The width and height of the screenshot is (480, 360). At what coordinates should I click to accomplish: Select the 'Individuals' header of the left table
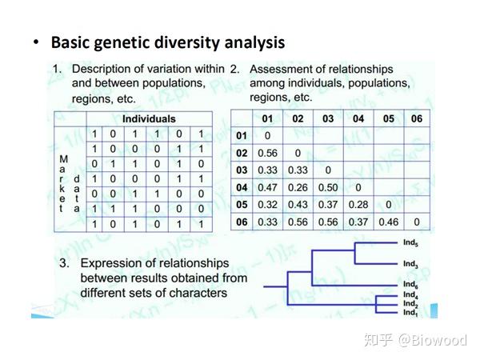[x=148, y=118]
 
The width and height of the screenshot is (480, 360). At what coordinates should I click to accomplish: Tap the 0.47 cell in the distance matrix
[x=267, y=186]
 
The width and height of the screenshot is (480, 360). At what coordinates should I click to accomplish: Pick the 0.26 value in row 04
[x=298, y=186]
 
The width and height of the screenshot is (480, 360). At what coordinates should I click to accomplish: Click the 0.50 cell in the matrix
[x=327, y=186]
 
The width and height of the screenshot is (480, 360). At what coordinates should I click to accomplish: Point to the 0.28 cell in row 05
[x=358, y=204]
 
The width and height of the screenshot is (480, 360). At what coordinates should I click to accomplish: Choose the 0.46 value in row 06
[x=387, y=222]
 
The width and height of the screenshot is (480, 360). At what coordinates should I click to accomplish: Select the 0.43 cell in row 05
[x=298, y=204]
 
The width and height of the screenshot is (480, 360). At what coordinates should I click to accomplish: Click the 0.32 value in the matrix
[x=267, y=204]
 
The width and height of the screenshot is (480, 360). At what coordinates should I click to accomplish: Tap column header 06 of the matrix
[x=417, y=118]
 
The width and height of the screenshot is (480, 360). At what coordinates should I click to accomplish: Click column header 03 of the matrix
[x=327, y=118]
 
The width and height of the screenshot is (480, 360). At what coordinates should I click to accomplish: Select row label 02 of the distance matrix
[x=241, y=153]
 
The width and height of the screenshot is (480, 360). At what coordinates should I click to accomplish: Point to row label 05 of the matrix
[x=241, y=204]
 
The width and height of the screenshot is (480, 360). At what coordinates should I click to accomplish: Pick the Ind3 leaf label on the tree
[x=410, y=263]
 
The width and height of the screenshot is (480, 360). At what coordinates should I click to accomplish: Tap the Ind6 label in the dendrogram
[x=410, y=284]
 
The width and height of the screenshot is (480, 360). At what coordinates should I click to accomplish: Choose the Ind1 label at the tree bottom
[x=410, y=312]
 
